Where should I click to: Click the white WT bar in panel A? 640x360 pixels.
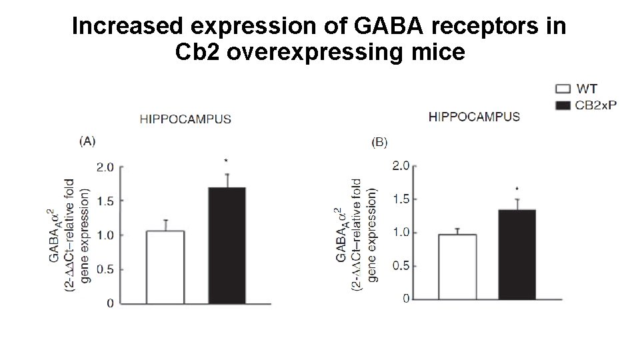click(x=165, y=267)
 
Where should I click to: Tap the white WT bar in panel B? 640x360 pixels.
click(x=457, y=266)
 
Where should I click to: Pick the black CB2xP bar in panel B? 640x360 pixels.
click(x=517, y=253)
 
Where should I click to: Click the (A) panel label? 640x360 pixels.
click(x=87, y=141)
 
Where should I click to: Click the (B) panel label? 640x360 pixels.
click(x=379, y=141)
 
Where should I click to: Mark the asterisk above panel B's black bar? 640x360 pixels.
click(x=517, y=189)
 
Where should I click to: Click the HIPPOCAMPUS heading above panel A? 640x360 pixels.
click(x=185, y=119)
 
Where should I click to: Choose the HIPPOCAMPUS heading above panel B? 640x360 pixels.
click(x=475, y=116)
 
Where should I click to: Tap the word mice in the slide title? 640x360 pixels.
click(x=438, y=53)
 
